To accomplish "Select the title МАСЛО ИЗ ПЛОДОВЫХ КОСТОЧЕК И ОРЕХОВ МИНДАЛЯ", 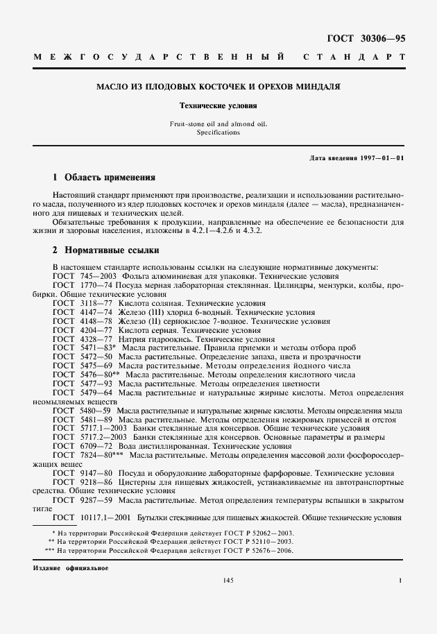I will click(x=218, y=88).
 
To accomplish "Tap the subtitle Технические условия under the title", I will click(x=218, y=107).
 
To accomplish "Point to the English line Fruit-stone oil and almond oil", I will click(x=218, y=124).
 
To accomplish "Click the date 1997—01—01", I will click(x=381, y=158).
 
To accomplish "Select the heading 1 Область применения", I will click(x=104, y=178).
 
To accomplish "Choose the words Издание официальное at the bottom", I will click(x=71, y=567).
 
